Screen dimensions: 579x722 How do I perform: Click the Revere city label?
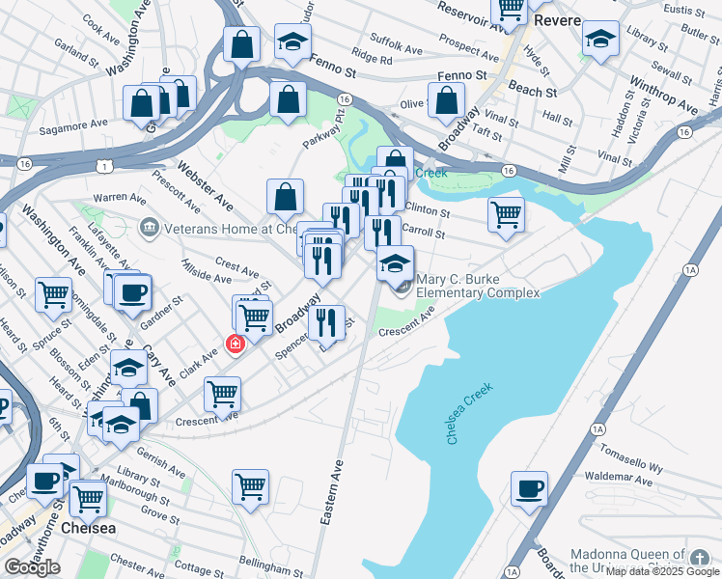560,20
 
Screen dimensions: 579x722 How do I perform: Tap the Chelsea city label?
88,529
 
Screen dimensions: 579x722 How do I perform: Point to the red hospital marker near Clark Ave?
234,344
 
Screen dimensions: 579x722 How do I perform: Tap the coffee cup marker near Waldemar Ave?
528,488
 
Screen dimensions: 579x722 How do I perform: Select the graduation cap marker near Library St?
600,40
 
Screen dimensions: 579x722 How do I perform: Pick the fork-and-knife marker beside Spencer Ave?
327,323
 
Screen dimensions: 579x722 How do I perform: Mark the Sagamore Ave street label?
73,125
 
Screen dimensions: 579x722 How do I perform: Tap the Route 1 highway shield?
103,166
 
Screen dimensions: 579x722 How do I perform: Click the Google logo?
32,567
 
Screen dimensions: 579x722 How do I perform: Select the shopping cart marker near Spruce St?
53,294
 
